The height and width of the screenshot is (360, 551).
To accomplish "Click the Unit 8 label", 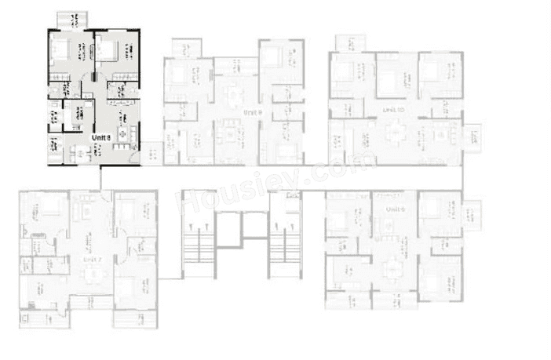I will click(100, 137).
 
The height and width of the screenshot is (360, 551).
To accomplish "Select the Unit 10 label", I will click(393, 111).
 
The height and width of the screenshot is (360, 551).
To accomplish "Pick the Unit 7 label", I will click(93, 257).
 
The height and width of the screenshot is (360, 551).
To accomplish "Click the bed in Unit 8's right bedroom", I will click(108, 50).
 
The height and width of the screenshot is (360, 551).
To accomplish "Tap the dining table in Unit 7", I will click(93, 274).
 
